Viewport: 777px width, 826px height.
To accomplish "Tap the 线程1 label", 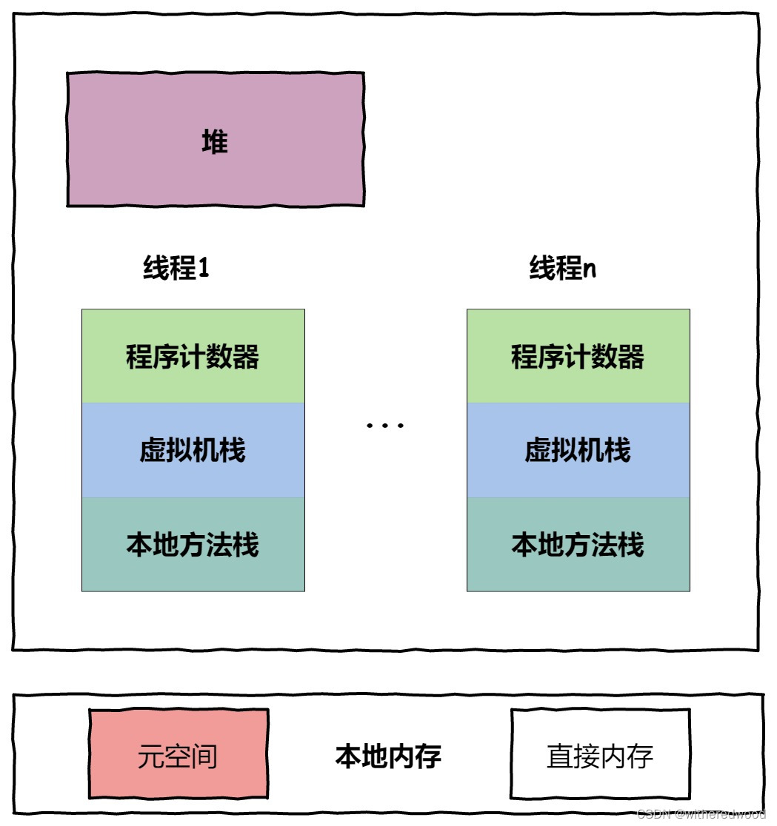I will coord(176,268).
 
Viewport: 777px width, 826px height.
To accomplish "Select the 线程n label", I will coord(562,268).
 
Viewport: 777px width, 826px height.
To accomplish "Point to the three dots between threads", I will coord(385,426).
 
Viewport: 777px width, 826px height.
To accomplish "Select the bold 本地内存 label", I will coord(388,756).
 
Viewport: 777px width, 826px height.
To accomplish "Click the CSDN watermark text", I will coord(700,814).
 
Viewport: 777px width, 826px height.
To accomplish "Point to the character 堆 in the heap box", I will coord(215,141).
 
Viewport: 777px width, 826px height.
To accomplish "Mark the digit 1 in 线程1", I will coord(204,269).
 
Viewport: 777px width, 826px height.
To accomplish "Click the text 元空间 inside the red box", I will coord(178,756).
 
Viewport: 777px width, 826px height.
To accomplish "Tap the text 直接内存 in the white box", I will coord(600,756).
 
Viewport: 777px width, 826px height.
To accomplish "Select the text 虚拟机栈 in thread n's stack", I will coord(578,450).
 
